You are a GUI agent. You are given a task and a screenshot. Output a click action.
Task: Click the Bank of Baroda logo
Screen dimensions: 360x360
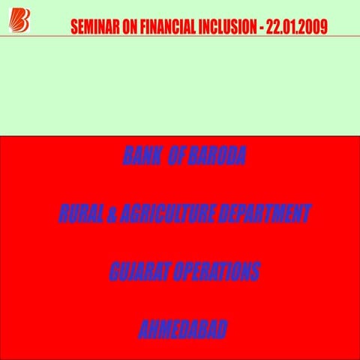click(16, 19)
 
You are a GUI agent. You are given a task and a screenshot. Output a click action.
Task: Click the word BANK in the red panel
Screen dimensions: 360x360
click(139, 157)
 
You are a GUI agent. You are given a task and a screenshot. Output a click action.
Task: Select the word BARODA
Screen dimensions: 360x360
click(217, 157)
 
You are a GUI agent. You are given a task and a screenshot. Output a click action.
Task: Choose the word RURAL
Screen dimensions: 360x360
click(78, 214)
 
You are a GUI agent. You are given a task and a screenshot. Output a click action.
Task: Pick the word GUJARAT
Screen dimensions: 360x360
click(139, 271)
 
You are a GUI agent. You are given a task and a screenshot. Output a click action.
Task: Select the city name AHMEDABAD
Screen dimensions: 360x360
click(183, 329)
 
